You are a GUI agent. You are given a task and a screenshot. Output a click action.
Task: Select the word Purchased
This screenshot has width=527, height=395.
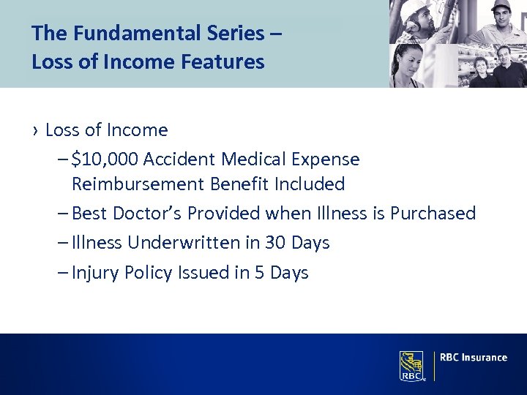[x=433, y=213]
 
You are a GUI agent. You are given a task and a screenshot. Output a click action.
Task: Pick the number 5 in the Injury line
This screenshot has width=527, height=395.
[x=260, y=273]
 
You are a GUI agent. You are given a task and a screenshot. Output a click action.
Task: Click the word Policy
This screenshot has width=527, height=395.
[x=147, y=273]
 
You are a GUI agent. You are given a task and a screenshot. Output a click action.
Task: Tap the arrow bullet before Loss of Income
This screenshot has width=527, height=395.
[x=35, y=131]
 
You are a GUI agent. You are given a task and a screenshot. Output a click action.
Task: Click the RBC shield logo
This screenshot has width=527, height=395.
[x=412, y=365]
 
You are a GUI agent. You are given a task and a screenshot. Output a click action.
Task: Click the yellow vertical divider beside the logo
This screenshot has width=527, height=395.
[x=434, y=365]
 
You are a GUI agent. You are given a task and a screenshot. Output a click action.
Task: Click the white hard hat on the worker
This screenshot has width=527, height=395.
[x=414, y=8]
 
